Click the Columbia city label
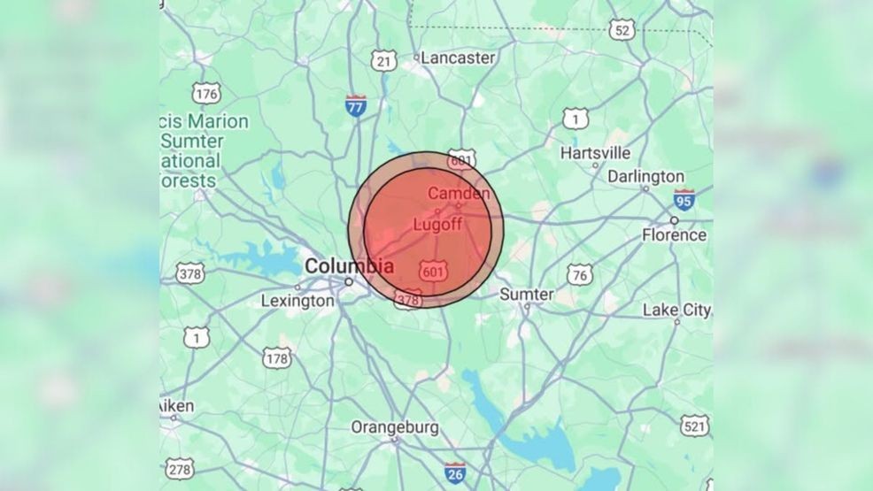(349, 265)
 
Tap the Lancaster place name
(457, 58)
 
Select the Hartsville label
(595, 153)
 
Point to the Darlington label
(645, 177)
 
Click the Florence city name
(675, 235)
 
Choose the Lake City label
(676, 310)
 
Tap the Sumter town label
(527, 294)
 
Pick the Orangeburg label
(395, 427)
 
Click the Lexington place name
(297, 301)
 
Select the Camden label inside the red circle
(459, 193)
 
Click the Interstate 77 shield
(356, 106)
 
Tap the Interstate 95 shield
(683, 199)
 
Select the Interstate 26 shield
(455, 472)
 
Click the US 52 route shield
(622, 31)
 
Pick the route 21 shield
(383, 60)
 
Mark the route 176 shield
(206, 94)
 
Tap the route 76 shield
(580, 274)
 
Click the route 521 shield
(695, 426)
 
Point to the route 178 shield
(277, 358)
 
